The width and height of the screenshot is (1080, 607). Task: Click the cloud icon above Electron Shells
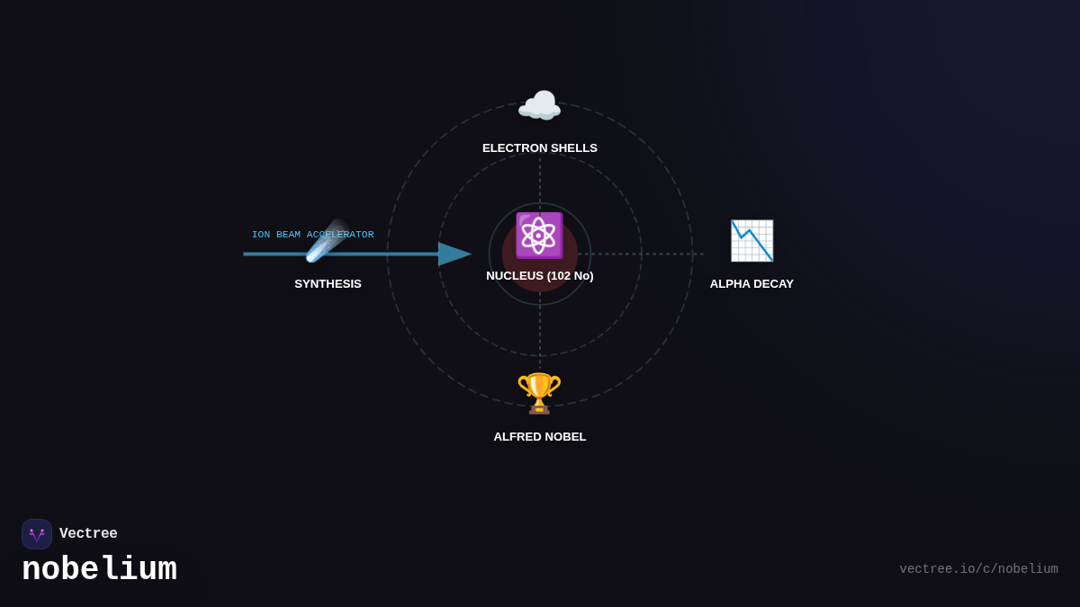(539, 104)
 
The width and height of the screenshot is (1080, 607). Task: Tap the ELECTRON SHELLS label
(539, 147)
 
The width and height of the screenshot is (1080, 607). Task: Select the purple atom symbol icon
(539, 236)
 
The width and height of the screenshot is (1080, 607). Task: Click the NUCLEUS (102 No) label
(539, 275)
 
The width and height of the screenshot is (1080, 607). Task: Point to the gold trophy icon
(539, 393)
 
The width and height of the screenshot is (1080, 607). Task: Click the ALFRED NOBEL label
(539, 436)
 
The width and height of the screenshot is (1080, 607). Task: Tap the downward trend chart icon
(751, 240)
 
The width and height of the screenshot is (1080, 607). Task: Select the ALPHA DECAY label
(751, 284)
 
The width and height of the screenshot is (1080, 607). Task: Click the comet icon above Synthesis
(328, 240)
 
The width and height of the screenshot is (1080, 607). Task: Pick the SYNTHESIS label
(328, 284)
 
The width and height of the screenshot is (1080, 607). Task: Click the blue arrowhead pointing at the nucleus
(454, 254)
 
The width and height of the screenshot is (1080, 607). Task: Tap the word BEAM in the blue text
(288, 235)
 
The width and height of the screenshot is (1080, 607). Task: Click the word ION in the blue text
(261, 235)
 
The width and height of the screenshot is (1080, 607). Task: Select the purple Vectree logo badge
(37, 534)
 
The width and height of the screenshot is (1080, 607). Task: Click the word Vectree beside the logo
(88, 533)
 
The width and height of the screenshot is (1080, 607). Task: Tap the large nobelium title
(99, 569)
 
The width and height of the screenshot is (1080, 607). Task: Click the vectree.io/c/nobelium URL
(979, 569)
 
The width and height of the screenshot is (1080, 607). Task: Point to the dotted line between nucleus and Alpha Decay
(641, 254)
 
